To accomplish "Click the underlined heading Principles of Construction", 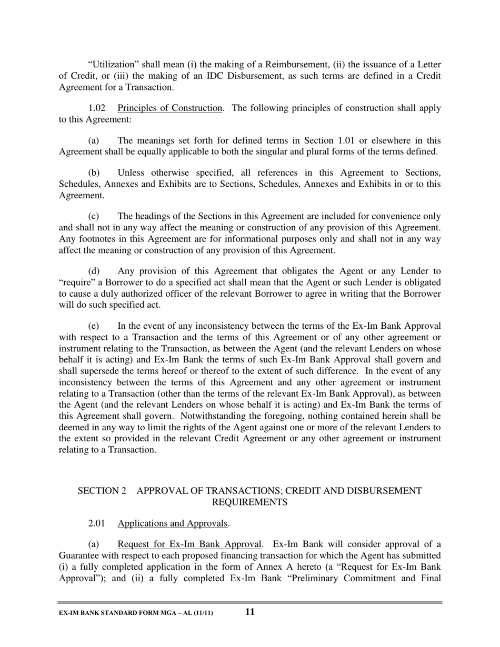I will point(169,108).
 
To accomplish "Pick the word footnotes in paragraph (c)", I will point(97,239).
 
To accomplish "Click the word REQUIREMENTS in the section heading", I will point(249,502).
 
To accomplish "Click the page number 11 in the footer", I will point(250,612).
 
